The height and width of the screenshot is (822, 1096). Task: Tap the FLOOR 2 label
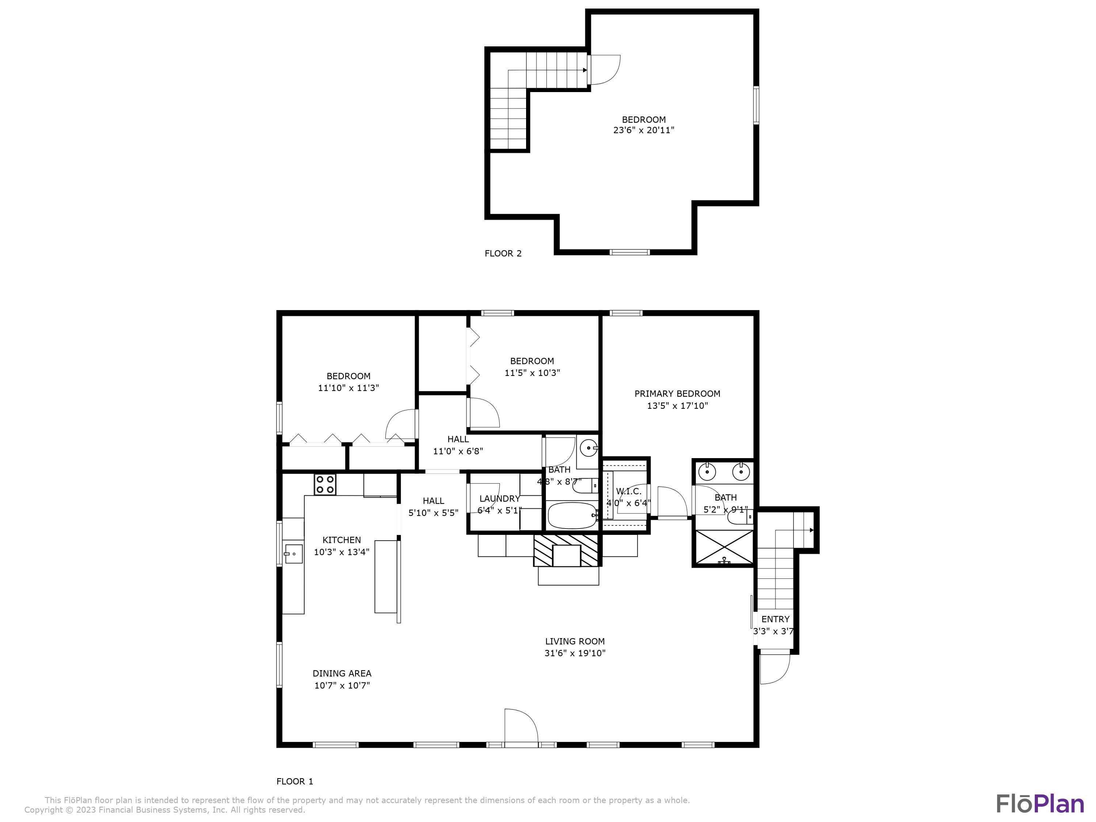(503, 254)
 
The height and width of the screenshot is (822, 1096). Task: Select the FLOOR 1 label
(295, 782)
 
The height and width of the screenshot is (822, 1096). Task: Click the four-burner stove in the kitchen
(325, 484)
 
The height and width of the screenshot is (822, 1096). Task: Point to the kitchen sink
(293, 553)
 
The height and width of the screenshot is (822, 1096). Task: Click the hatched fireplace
(566, 550)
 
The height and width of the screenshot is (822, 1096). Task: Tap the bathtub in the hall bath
(572, 516)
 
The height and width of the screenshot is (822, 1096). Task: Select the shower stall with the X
(724, 548)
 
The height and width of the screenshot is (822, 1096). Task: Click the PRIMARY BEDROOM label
(677, 394)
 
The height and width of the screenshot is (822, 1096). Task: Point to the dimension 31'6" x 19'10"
(575, 653)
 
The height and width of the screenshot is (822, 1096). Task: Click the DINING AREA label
(342, 673)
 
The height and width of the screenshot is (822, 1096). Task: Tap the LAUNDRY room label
(499, 498)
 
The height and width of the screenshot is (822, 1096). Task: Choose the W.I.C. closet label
(628, 491)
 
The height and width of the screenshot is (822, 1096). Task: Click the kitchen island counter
(387, 577)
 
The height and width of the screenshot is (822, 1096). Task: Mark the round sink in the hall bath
(589, 448)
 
